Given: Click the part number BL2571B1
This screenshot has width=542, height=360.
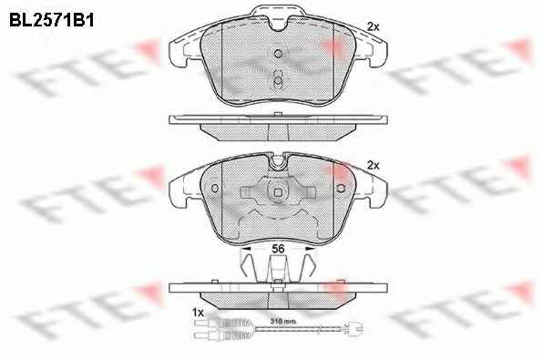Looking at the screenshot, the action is point(52,20).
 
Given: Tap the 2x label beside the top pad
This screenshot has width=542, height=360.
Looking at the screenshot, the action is point(373,27).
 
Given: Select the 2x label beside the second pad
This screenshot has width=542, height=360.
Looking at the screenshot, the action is point(373,166).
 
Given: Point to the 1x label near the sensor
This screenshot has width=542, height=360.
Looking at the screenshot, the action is point(198,313).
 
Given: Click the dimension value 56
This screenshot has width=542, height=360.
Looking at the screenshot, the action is point(278,248).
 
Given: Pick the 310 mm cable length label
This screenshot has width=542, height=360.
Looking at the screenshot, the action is point(282,322).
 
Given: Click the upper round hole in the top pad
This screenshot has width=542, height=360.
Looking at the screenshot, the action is point(278,53).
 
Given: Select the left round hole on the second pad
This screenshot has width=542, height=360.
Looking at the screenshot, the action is point(215,189).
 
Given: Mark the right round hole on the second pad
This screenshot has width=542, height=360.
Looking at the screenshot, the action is point(341,189).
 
